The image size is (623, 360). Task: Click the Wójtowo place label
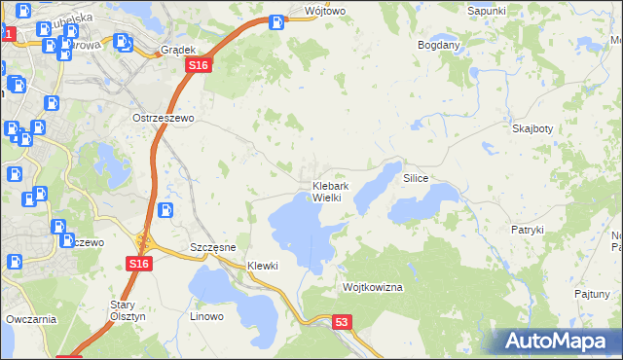pos(325,11)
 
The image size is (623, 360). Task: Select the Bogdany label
pos(438,45)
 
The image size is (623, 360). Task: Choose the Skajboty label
pos(531,128)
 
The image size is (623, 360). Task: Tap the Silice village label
pos(416,180)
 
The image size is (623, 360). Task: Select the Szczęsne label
pos(213,247)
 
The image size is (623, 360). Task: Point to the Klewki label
pos(263,266)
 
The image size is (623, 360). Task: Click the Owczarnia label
pos(30,318)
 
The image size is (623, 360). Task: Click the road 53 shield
pos(341,322)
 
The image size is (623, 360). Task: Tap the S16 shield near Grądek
pos(199,64)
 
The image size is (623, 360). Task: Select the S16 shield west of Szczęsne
pos(138,264)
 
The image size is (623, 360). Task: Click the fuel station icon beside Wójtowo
pos(277,19)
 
